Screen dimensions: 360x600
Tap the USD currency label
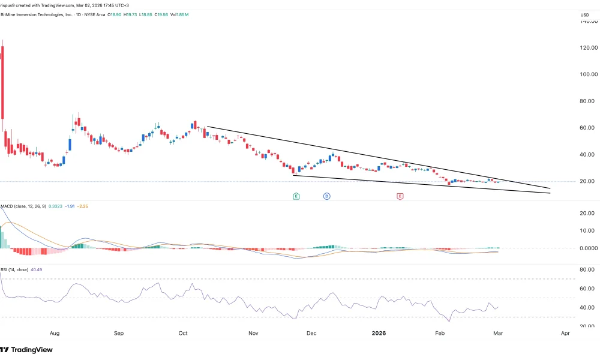pyautogui.click(x=585, y=14)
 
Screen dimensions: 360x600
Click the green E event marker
pyautogui.click(x=296, y=196)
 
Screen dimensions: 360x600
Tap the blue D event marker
pyautogui.click(x=327, y=196)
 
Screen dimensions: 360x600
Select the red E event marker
pyautogui.click(x=400, y=196)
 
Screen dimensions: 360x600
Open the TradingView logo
pyautogui.click(x=27, y=350)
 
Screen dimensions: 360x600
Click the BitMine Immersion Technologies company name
pyautogui.click(x=42, y=14)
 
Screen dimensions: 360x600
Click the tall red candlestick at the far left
pyautogui.click(x=2, y=78)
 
